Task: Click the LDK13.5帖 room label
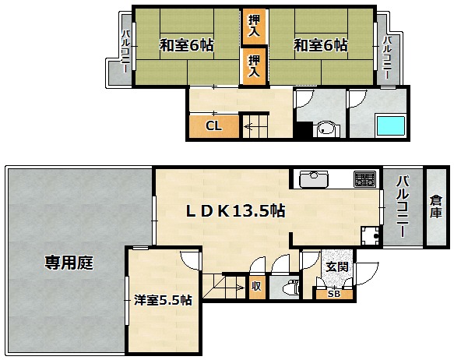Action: click(x=235, y=210)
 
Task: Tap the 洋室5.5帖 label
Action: click(x=163, y=300)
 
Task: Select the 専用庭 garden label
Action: click(x=69, y=263)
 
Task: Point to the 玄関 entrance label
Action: click(x=337, y=266)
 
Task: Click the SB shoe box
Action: click(x=334, y=295)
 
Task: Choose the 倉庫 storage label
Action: click(x=436, y=206)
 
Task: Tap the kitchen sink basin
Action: click(x=314, y=179)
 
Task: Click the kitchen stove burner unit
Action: click(x=364, y=179)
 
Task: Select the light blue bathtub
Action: click(x=389, y=125)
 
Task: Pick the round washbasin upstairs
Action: click(x=326, y=129)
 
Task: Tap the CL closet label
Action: click(x=213, y=126)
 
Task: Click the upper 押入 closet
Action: click(x=254, y=26)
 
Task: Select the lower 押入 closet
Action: click(x=254, y=66)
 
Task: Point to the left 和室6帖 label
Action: click(x=187, y=45)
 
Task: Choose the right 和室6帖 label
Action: click(x=321, y=45)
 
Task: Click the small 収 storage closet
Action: click(x=256, y=287)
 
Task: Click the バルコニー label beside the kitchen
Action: click(x=402, y=206)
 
